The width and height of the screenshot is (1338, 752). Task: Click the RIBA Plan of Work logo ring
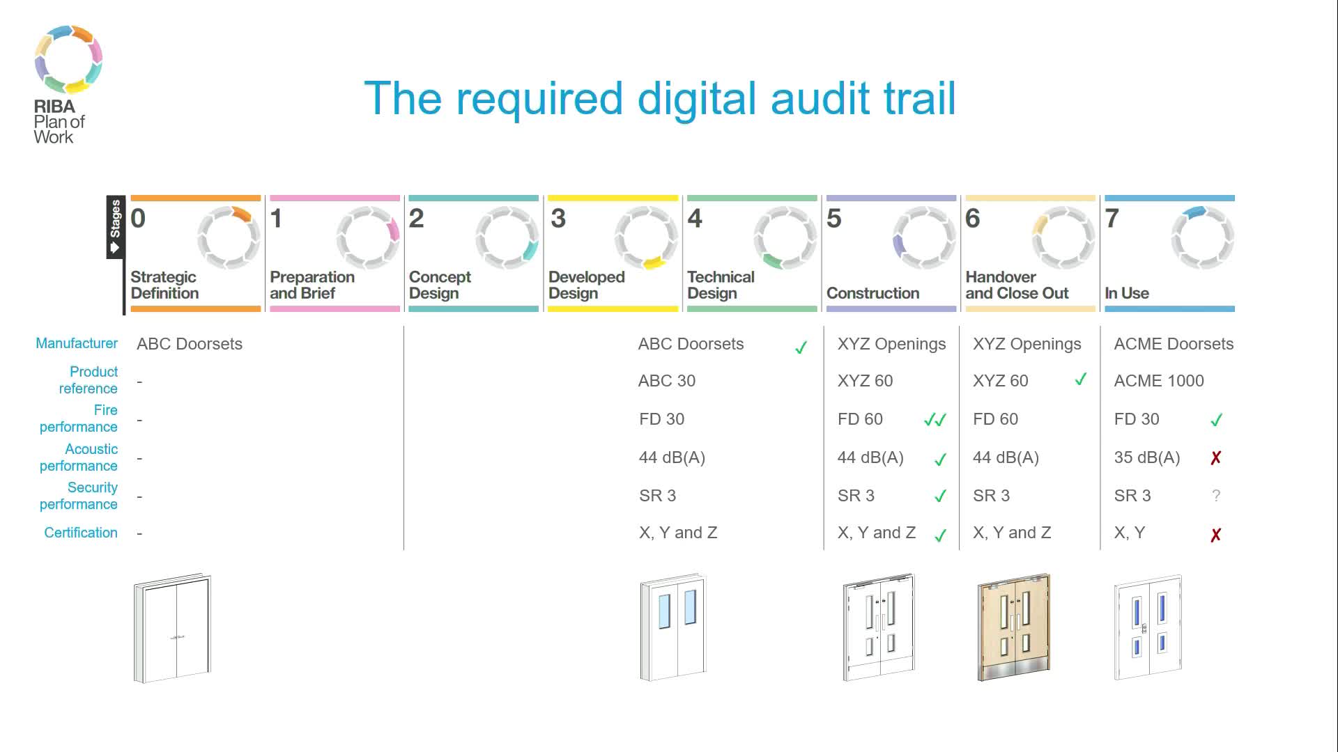pos(68,59)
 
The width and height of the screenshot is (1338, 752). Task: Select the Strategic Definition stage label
pos(164,285)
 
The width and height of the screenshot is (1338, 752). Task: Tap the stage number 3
pos(557,219)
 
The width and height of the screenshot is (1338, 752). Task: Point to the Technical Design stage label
pos(721,285)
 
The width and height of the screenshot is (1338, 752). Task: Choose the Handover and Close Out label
pos(1016,285)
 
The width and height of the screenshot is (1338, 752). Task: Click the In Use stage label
pos(1126,293)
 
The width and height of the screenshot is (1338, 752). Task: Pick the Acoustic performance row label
pos(78,457)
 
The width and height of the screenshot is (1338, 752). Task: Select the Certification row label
pos(81,533)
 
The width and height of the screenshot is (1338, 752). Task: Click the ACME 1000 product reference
pos(1158,381)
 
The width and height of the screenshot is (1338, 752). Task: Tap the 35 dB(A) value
pos(1146,457)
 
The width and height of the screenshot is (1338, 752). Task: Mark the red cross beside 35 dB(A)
pos(1215,458)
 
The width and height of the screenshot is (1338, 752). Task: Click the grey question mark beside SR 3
pos(1215,496)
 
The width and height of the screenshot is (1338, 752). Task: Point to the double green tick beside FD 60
pos(935,420)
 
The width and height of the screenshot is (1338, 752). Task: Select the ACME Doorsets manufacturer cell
pos(1173,344)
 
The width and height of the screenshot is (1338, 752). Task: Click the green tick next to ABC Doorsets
pos(801,347)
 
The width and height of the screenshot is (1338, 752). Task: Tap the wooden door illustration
pos(1014,627)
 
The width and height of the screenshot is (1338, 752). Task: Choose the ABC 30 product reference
pos(666,381)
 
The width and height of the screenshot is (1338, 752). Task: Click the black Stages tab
pos(115,227)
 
